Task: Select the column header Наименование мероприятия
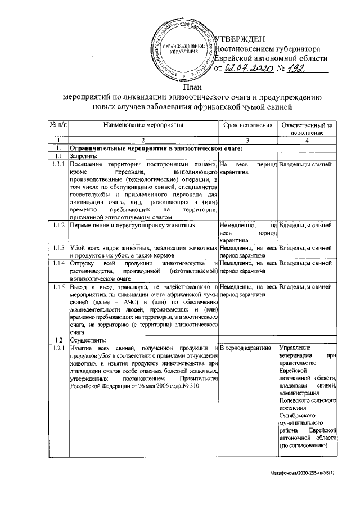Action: coord(143,124)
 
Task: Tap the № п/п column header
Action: coord(58,124)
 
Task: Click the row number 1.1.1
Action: coord(58,164)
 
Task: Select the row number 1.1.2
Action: coord(58,226)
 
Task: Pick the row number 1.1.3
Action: coord(58,248)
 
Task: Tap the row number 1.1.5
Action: coord(58,287)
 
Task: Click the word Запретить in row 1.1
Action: coord(84,156)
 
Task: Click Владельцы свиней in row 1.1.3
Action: coord(305,248)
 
